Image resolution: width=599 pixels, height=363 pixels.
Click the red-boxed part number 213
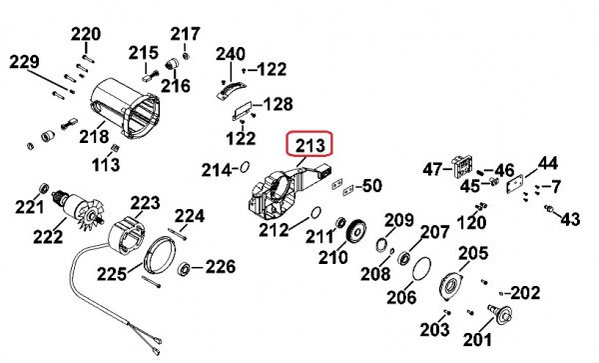[x=310, y=145]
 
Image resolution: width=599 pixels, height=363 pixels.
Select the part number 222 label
[x=48, y=237]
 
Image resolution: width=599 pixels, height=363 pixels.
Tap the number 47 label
[x=432, y=169]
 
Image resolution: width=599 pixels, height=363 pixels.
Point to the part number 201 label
[x=477, y=340]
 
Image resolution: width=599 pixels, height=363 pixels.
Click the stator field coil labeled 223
[x=127, y=236]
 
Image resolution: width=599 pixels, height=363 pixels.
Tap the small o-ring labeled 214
[x=245, y=167]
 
